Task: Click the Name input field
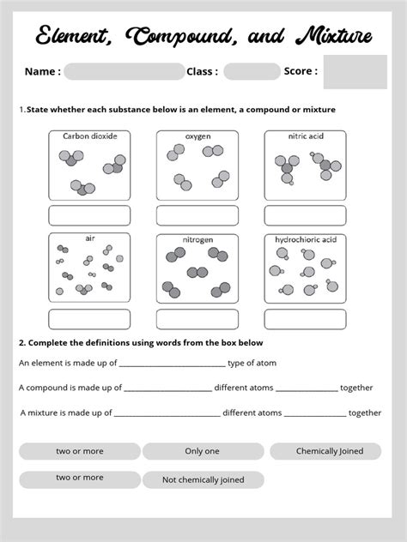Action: [x=124, y=71]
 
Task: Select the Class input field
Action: [x=252, y=71]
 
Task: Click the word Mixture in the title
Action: [x=334, y=36]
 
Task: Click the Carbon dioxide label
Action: [x=89, y=135]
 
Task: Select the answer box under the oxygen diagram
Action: [x=197, y=215]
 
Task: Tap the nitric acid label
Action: [x=305, y=135]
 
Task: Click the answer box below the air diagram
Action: [x=89, y=319]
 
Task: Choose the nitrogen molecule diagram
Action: [x=197, y=273]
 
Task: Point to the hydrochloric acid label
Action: [x=305, y=239]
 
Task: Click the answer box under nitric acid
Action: [x=305, y=215]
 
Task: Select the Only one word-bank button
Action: [x=203, y=451]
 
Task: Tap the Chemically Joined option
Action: [x=330, y=451]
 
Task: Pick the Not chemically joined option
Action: [x=203, y=480]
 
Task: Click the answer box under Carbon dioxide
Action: [x=89, y=215]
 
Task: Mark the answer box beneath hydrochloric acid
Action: [x=305, y=319]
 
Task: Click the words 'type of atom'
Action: [x=252, y=363]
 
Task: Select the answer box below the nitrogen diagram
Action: [x=197, y=319]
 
